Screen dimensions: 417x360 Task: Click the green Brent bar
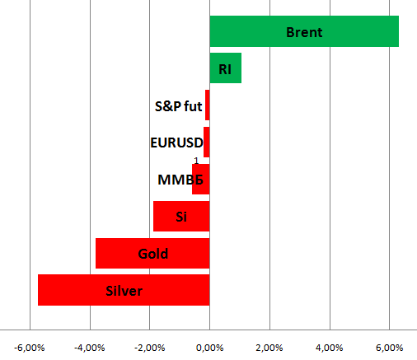coord(304,31)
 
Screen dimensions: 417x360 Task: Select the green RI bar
coord(226,68)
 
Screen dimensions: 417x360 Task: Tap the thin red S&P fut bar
coord(208,105)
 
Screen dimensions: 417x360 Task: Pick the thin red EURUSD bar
coord(207,142)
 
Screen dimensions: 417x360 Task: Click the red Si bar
coord(181,216)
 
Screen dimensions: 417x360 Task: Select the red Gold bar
coord(152,253)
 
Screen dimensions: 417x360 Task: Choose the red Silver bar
coord(124,290)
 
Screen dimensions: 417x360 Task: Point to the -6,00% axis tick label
coord(30,348)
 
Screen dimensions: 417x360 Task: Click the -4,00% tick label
coord(90,348)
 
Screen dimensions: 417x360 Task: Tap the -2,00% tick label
coord(150,348)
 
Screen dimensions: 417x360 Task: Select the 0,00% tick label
coord(209,348)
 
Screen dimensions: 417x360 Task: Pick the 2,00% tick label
coord(269,348)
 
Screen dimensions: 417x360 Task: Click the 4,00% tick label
coord(330,348)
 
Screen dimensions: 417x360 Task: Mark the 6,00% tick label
coord(390,348)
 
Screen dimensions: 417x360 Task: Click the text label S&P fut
coord(179,106)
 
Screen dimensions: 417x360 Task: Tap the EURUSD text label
coord(176,143)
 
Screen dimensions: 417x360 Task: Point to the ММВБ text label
coord(180,180)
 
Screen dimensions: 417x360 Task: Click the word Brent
coord(304,32)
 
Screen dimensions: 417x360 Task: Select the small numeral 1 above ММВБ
coord(196,161)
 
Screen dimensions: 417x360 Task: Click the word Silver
coord(124,291)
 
